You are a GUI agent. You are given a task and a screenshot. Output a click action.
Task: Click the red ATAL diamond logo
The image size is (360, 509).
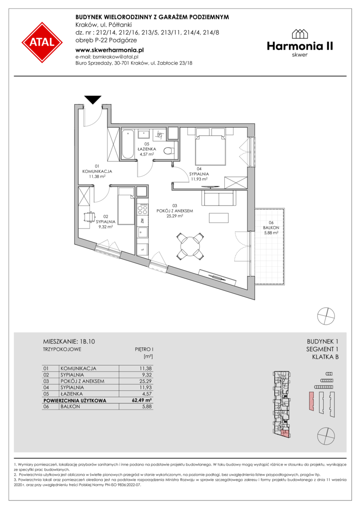[42, 42]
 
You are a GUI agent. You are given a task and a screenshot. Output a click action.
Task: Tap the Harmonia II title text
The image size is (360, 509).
[300, 46]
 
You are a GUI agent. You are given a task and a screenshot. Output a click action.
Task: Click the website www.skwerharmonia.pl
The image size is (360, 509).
[109, 50]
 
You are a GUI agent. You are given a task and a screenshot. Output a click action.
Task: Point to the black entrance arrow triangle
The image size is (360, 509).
[93, 99]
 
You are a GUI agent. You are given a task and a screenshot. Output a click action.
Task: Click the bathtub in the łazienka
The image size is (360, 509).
[127, 144]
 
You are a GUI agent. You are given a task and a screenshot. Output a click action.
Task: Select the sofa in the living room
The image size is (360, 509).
[219, 198]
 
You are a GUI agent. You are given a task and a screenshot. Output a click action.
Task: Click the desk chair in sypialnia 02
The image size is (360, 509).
[89, 216]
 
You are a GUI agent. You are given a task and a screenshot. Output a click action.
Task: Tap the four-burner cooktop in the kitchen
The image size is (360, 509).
[142, 209]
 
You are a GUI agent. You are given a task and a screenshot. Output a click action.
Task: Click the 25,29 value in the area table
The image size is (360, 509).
[146, 381]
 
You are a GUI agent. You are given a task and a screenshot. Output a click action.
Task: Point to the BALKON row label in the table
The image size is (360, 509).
[70, 406]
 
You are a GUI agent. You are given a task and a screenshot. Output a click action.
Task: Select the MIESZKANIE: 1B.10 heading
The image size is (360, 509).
[69, 342]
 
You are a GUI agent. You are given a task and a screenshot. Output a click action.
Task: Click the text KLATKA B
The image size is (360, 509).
[325, 357]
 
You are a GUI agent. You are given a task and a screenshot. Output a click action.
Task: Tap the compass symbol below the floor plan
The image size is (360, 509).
[326, 315]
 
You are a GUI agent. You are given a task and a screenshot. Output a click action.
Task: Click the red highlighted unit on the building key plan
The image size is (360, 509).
[284, 433]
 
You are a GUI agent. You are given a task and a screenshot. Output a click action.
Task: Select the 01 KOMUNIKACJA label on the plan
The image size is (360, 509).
[97, 172]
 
